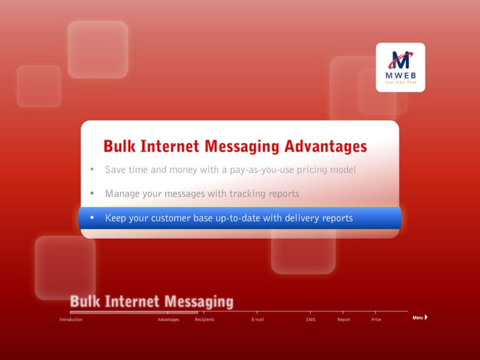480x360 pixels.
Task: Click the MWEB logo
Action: click(x=400, y=67)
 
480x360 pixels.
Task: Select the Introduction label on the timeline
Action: click(x=71, y=320)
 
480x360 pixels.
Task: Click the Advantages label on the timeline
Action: click(x=168, y=320)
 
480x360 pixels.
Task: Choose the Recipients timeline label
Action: click(x=204, y=320)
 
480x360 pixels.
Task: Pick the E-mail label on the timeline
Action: click(x=258, y=320)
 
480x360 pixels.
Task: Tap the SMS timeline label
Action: click(x=311, y=320)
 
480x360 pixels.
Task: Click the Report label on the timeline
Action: click(x=344, y=320)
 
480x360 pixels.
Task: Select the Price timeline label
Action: click(x=376, y=320)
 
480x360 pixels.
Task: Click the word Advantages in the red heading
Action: click(x=325, y=146)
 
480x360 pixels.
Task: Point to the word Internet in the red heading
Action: click(x=170, y=146)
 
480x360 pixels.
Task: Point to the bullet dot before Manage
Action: click(x=92, y=193)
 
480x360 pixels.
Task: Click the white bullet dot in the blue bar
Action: click(x=92, y=217)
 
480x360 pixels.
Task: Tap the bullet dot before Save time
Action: click(x=92, y=169)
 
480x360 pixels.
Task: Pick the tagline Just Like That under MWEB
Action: click(x=400, y=82)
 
